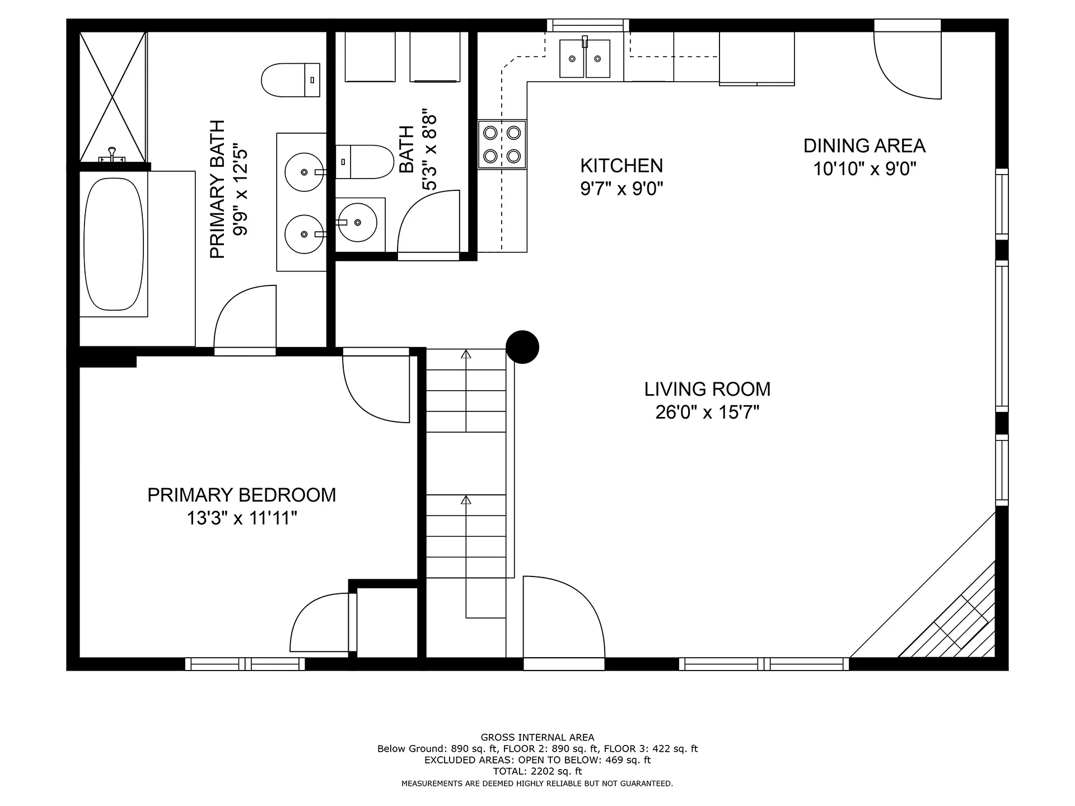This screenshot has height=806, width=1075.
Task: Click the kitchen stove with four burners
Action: [x=502, y=144]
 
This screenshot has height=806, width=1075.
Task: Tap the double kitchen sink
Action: [x=585, y=59]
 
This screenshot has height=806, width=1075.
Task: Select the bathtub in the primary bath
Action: [x=114, y=244]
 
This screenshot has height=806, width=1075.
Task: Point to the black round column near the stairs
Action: [x=522, y=347]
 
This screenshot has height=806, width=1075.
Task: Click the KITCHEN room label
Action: [x=621, y=166]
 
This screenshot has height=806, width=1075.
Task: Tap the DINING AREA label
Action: [x=864, y=146]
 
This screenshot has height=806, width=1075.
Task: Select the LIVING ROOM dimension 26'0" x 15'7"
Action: [x=707, y=413]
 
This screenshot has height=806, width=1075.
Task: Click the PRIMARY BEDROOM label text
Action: [x=242, y=495]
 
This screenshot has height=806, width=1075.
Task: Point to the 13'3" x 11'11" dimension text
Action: [x=242, y=518]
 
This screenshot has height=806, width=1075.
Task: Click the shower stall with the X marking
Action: [x=113, y=97]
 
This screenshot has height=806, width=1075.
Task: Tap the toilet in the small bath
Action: [x=364, y=162]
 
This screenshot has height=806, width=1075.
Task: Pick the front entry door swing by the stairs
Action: [x=564, y=617]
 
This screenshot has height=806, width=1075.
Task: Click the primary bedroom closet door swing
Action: [x=320, y=622]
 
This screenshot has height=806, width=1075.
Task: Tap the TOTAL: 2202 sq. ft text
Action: [x=537, y=771]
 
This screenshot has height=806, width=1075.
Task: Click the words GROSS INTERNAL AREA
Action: [x=537, y=738]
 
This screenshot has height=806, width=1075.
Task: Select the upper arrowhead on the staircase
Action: [x=466, y=354]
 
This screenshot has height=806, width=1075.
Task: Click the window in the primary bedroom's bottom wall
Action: [x=245, y=664]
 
